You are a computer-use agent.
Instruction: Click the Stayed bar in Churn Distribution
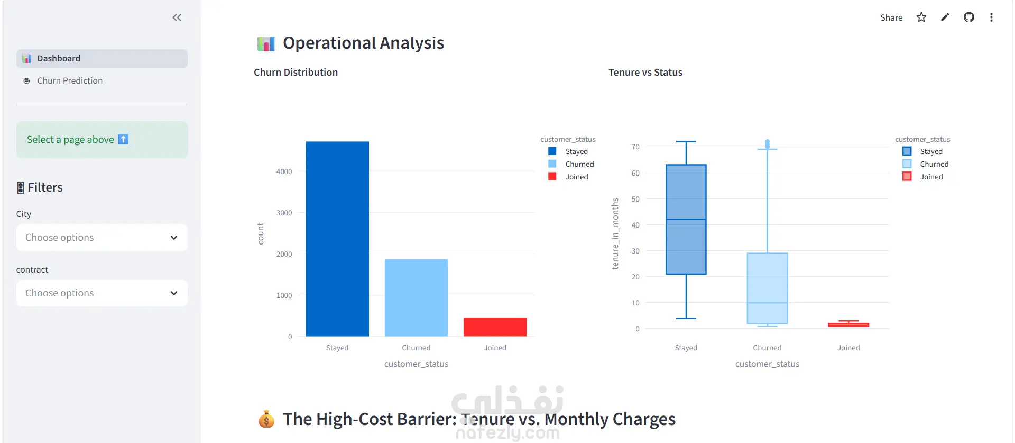[x=337, y=239]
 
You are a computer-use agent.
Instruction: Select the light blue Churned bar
[x=416, y=297]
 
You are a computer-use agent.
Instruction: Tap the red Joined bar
[x=495, y=327]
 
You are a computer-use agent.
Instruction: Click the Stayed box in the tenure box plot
[x=686, y=220]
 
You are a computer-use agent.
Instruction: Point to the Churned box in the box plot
[x=767, y=288]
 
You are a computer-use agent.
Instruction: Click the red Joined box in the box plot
[x=848, y=324]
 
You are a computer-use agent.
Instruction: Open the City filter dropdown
[x=102, y=238]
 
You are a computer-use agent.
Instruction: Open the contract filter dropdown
[x=102, y=293]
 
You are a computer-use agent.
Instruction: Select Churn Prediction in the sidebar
[x=70, y=80]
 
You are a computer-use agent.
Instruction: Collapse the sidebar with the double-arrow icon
[x=177, y=17]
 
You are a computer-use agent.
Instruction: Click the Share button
[x=891, y=17]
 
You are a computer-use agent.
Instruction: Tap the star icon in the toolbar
[x=921, y=17]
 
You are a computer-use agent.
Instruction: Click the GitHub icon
[x=968, y=17]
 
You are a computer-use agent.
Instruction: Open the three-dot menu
[x=991, y=17]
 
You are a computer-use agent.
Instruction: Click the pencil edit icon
[x=945, y=17]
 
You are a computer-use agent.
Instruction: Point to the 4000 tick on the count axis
[x=284, y=171]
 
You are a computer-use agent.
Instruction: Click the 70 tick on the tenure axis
[x=635, y=147]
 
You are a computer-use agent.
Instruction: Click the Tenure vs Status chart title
[x=645, y=73]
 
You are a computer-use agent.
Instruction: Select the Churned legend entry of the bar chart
[x=571, y=164]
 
